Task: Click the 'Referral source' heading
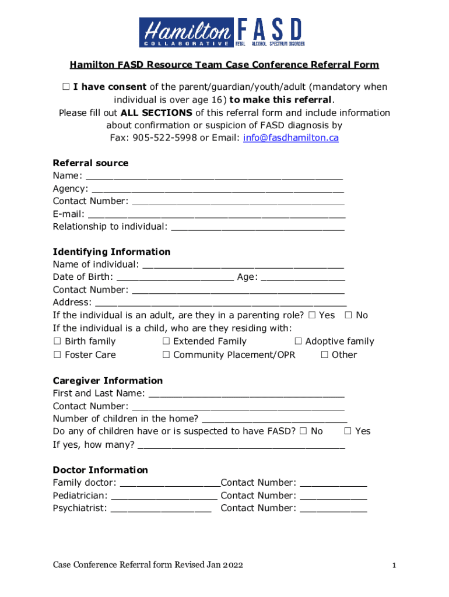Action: point(90,163)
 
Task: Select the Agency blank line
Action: point(218,189)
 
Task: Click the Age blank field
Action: point(302,278)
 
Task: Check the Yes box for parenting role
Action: point(311,315)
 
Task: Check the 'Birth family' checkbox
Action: point(57,342)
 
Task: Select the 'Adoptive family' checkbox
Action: point(298,342)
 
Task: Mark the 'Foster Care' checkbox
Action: point(57,355)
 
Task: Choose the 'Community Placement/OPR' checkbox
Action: point(166,355)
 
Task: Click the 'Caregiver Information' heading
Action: point(108,381)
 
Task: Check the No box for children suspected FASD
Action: point(303,431)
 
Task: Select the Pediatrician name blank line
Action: point(164,496)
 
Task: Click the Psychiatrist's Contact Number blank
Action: point(333,509)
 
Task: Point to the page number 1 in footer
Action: point(394,565)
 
